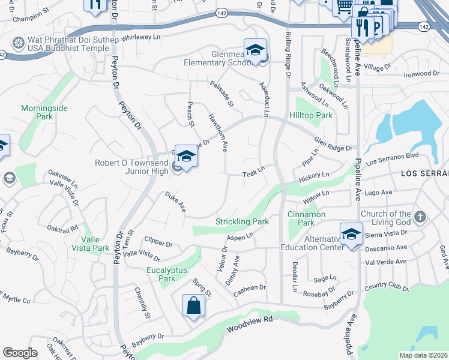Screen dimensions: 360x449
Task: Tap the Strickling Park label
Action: (242, 221)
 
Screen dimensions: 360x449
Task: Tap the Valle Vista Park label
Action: (91, 243)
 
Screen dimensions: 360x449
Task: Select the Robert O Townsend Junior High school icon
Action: (186, 157)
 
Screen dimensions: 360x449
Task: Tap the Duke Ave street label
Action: (176, 203)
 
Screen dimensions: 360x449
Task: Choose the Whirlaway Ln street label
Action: (142, 37)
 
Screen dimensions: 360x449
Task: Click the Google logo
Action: (19, 352)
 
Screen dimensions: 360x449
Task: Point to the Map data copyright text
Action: (423, 355)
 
